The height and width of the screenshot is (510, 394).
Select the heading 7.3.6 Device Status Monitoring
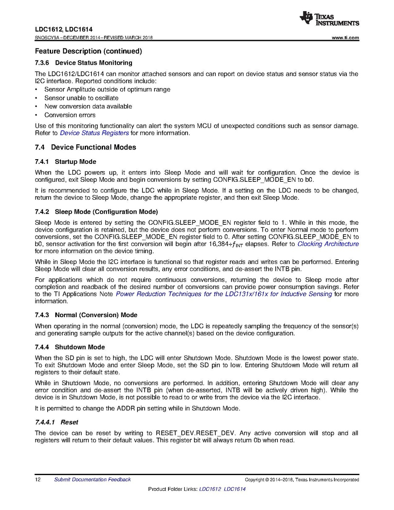[83, 63]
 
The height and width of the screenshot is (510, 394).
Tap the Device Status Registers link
[94, 133]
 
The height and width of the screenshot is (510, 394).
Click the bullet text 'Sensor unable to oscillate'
[81, 98]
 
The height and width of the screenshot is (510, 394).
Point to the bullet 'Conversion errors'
[70, 115]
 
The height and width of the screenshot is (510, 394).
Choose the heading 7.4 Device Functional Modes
[85, 147]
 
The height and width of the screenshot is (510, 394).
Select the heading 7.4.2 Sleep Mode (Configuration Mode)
[96, 212]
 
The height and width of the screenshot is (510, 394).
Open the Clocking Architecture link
[328, 244]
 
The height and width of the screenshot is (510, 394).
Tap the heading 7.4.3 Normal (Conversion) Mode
[86, 315]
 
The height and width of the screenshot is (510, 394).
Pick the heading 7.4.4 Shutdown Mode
[70, 347]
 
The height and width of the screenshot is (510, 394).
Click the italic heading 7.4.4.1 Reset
[56, 422]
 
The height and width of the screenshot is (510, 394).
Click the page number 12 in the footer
[37, 480]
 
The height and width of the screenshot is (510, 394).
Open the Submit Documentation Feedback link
[92, 480]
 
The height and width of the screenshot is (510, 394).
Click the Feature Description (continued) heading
[88, 51]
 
